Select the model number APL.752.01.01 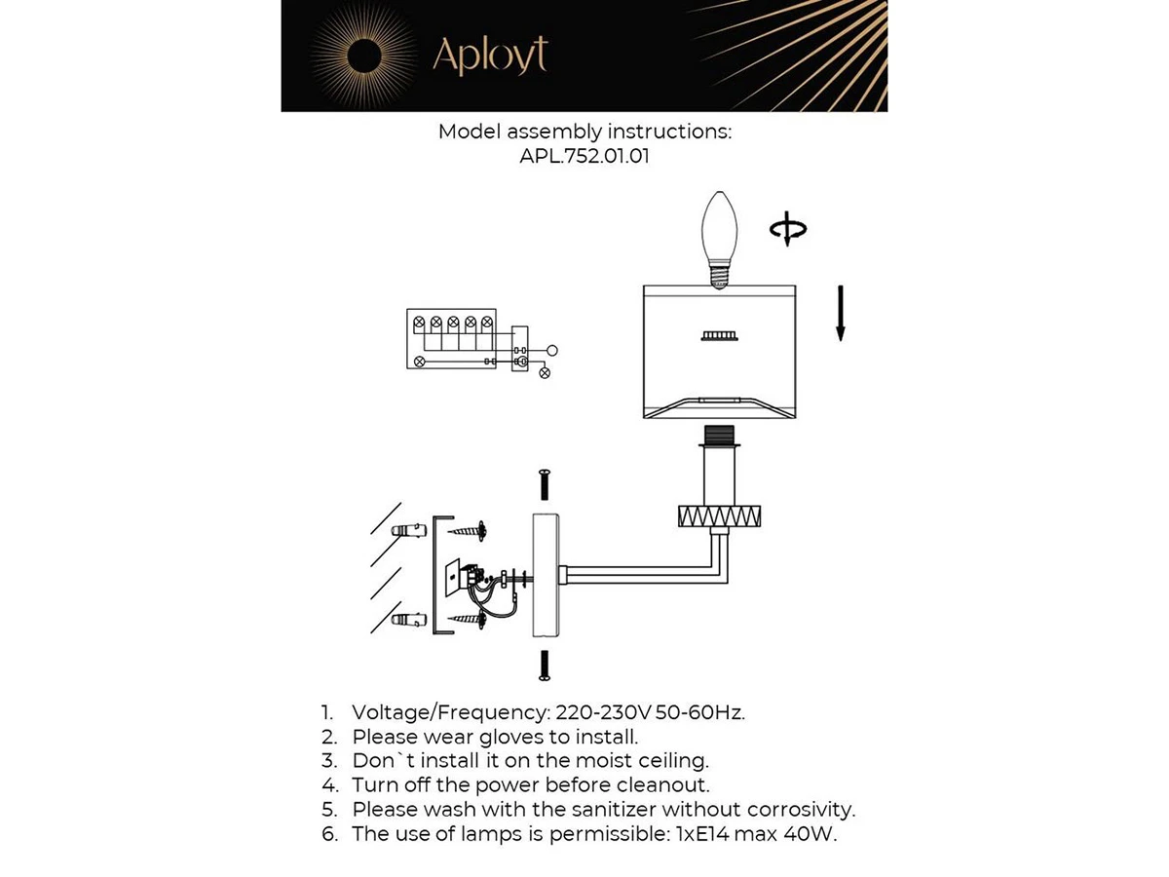tap(584, 155)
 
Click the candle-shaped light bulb tap(721, 238)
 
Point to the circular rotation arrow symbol tap(787, 230)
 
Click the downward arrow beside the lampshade tap(840, 315)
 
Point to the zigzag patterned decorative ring tap(721, 516)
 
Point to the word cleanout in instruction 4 tap(665, 784)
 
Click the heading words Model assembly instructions tap(584, 132)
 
